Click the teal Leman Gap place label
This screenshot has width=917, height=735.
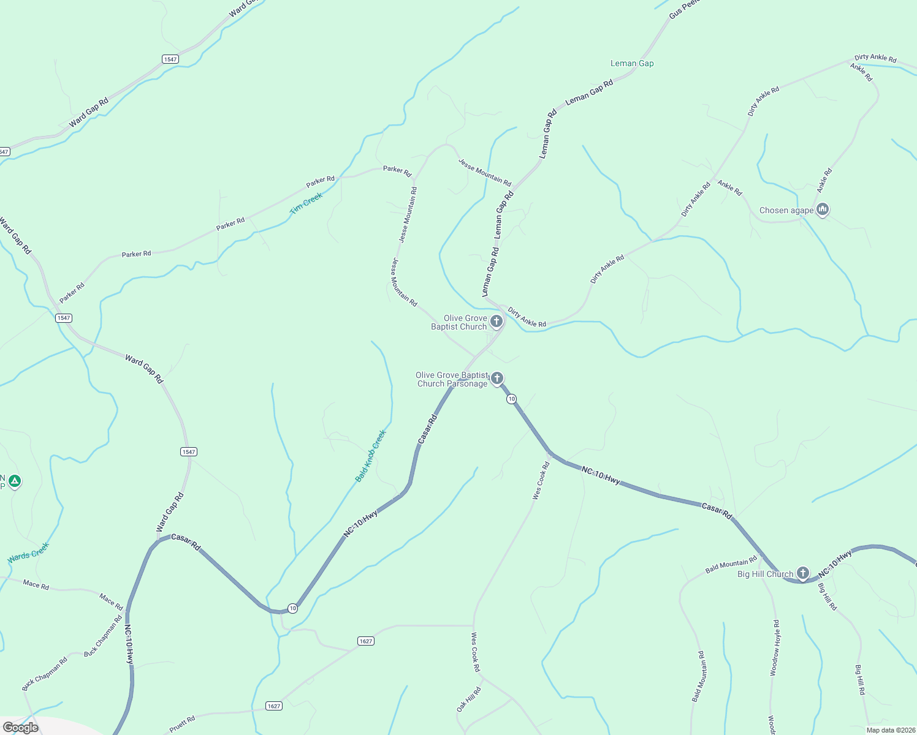(x=632, y=63)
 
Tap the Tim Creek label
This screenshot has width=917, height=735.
(x=306, y=203)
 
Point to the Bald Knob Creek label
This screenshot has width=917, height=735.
(x=371, y=455)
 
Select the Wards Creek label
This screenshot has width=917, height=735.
(x=28, y=553)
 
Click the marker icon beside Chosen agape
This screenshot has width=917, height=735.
(x=823, y=209)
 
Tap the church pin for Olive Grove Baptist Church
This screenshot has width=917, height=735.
(x=497, y=322)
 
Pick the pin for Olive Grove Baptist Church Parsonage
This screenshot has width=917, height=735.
(x=497, y=379)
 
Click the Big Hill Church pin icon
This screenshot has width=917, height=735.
(x=803, y=574)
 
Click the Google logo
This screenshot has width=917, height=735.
(x=21, y=727)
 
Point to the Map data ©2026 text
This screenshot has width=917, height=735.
(x=889, y=730)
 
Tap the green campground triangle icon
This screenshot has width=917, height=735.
(x=15, y=481)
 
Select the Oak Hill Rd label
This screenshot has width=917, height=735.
(x=469, y=699)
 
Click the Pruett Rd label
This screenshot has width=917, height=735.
(x=182, y=725)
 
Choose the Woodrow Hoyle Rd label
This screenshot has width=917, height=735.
(x=775, y=647)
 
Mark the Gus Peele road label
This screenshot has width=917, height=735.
(x=684, y=9)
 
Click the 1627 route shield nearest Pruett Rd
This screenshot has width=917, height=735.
(x=274, y=706)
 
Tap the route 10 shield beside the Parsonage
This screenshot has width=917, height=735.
(x=511, y=399)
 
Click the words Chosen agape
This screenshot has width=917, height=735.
(x=786, y=210)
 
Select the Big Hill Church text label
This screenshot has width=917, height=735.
(x=765, y=574)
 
